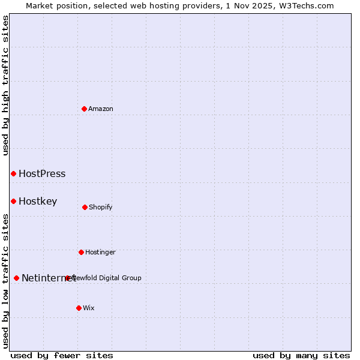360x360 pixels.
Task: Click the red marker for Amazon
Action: (x=84, y=109)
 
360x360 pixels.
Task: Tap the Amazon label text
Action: (x=101, y=109)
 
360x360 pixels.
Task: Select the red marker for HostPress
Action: (x=13, y=173)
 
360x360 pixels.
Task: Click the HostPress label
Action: (x=42, y=174)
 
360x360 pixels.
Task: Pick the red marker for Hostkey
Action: (x=13, y=201)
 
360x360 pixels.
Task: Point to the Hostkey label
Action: (x=38, y=202)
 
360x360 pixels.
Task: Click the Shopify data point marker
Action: (x=85, y=207)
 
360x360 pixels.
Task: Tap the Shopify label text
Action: (x=101, y=208)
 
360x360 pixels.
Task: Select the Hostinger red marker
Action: (x=81, y=252)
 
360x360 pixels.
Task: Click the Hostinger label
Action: (x=100, y=253)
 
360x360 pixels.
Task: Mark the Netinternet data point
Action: (x=16, y=278)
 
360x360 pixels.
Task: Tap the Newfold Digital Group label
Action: (x=108, y=278)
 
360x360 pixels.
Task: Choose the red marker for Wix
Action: (x=79, y=308)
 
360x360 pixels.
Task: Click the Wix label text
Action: (x=89, y=308)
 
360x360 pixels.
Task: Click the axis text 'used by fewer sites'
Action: (x=62, y=355)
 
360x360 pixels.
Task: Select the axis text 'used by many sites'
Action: (x=301, y=355)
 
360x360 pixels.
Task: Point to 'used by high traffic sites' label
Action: (x=5, y=85)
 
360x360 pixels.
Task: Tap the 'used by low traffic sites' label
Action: (x=5, y=280)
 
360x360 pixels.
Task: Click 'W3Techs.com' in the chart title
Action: (x=304, y=5)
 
